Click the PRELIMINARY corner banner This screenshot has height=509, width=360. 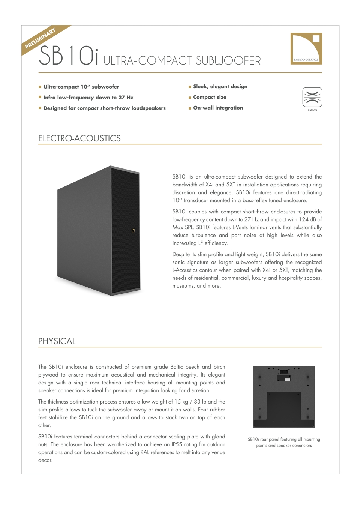coord(40,38)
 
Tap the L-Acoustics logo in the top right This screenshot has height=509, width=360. coord(306,48)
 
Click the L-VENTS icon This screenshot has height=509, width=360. coord(312,98)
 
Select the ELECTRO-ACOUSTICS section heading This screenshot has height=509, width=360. coord(79,138)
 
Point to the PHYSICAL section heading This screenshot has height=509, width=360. coord(57,341)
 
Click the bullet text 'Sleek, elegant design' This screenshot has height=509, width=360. coord(220,86)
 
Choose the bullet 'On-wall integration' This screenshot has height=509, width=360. coord(218,108)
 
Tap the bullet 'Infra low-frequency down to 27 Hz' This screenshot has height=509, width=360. coord(88,97)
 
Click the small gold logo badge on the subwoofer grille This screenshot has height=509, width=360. coord(133,231)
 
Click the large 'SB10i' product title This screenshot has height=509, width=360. coord(69,56)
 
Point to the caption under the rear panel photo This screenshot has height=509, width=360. coord(284,443)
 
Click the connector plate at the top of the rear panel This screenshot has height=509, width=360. coord(284,375)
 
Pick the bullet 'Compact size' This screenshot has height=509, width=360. coord(210,97)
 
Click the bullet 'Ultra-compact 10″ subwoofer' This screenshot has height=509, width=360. coord(81,87)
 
